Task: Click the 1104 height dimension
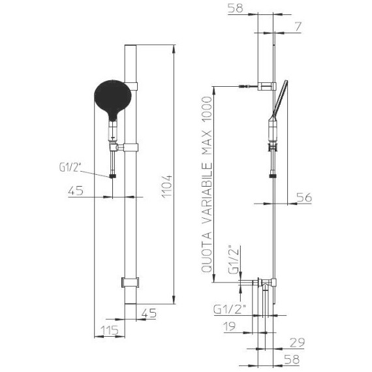(167, 186)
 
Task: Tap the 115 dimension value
(110, 330)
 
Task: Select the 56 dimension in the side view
(303, 198)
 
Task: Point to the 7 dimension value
(298, 27)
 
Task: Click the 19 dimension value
(230, 326)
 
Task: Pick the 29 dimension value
(297, 343)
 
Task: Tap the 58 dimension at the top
(236, 8)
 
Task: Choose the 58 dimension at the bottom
(292, 360)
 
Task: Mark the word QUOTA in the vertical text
(206, 252)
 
